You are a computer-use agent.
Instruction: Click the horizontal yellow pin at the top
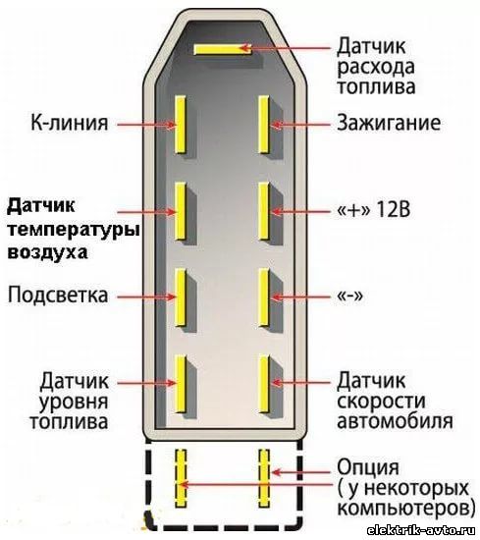coord(223,49)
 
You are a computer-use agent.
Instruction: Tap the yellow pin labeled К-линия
coord(181,125)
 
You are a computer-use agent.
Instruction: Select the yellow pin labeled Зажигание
coord(264,125)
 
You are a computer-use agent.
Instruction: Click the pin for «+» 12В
coord(264,211)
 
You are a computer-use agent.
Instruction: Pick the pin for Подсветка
coord(181,297)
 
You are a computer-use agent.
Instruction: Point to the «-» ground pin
coord(264,297)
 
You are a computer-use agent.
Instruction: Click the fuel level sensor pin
coord(181,384)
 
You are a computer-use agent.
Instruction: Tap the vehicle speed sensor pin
coord(264,384)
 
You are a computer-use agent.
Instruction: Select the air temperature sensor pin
coord(181,211)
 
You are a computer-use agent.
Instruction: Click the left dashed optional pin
coord(181,478)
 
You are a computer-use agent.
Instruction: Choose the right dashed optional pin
coord(264,478)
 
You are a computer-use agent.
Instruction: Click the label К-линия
coord(70,123)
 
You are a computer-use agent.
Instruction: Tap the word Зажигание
coord(389,124)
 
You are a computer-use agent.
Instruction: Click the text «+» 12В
coord(374,209)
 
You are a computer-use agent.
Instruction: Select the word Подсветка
coord(58,296)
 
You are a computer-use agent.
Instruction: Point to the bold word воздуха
coord(47,252)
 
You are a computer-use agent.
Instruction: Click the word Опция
coord(368,468)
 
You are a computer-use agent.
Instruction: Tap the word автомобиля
coord(395,420)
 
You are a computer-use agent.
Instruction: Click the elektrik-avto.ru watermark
coord(421,531)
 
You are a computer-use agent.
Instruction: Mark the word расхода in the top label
coord(376,68)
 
